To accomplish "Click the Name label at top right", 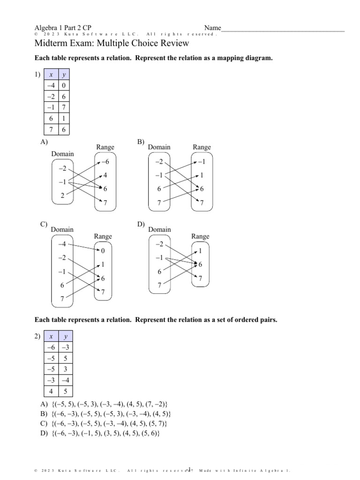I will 212,28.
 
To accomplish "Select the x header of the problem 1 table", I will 50,75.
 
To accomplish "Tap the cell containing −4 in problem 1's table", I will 50,86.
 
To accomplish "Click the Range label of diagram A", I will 105,147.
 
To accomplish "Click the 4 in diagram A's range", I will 105,175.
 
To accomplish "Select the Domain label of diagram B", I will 159,147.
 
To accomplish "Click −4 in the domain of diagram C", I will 62,245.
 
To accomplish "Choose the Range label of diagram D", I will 200,237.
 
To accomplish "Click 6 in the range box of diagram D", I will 200,265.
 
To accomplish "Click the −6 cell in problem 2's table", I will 50,348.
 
